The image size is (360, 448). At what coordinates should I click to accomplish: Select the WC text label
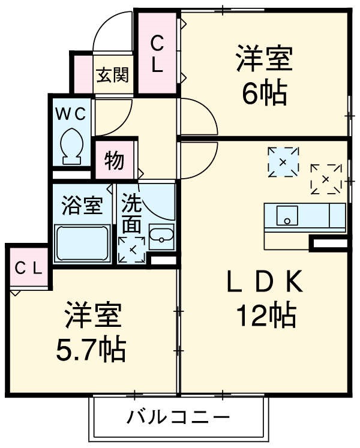coord(72,112)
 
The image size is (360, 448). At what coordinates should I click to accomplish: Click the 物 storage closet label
coord(115,160)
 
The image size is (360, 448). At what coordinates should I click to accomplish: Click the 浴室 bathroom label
coord(82,206)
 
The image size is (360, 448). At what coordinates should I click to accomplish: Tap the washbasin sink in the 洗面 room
coord(160,239)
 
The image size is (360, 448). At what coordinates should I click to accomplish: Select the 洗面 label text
coord(132,214)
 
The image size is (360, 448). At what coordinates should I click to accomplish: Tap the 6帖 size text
coord(264,93)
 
